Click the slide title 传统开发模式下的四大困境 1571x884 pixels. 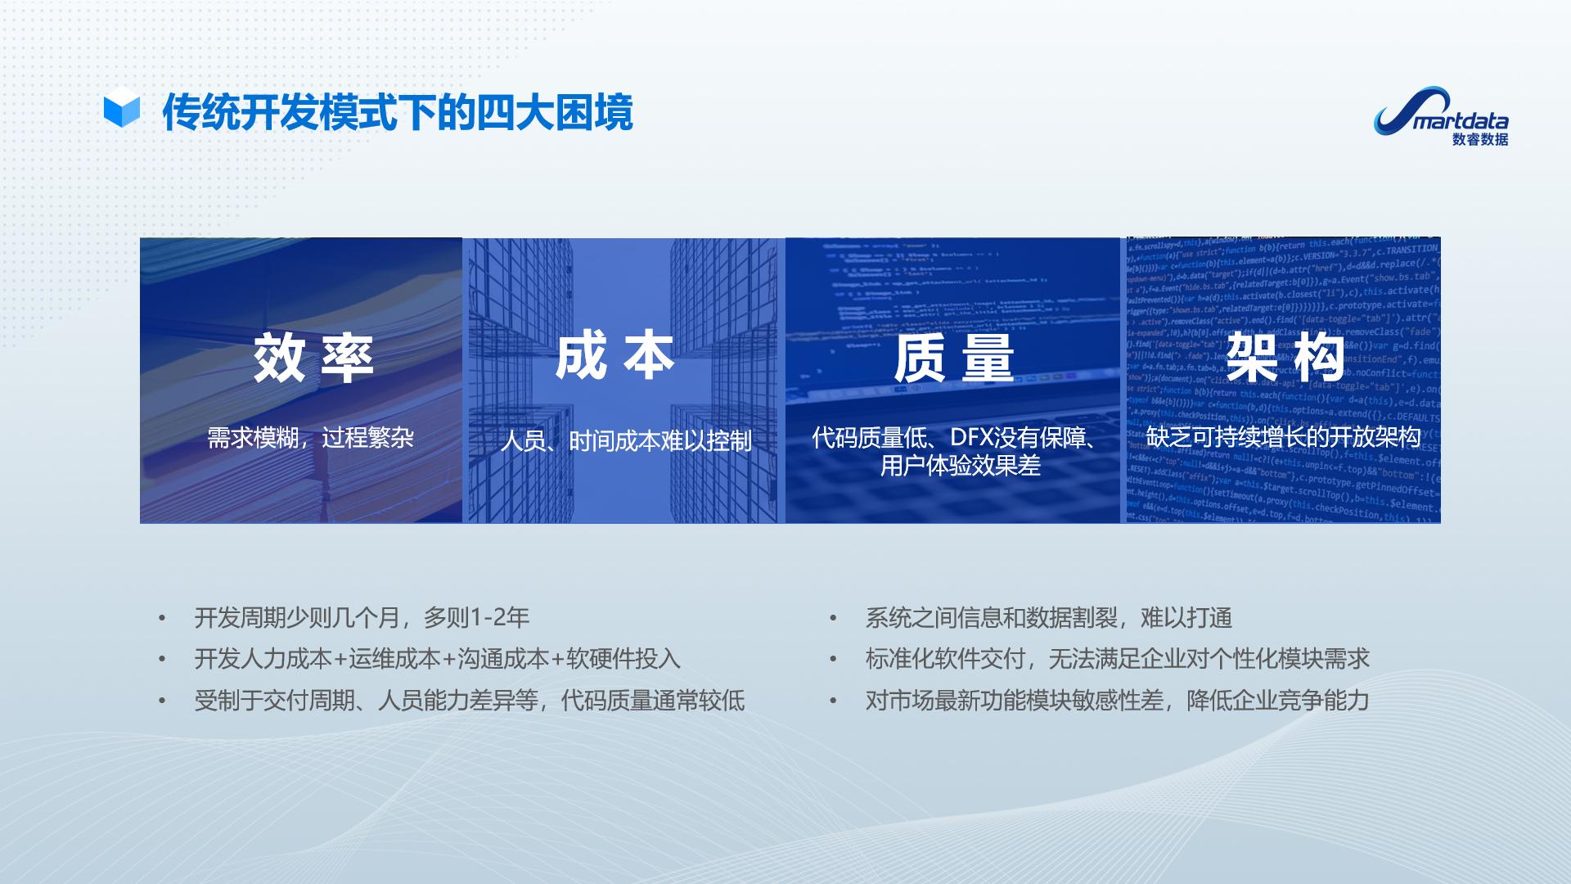click(x=398, y=113)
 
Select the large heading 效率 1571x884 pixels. click(x=313, y=359)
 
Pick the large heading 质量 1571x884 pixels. click(x=953, y=359)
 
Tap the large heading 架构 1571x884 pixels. click(x=1285, y=358)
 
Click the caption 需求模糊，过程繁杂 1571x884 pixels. click(x=310, y=438)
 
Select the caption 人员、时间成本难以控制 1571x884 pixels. click(x=625, y=441)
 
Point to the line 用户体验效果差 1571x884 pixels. click(x=960, y=466)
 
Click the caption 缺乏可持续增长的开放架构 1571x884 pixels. click(x=1282, y=437)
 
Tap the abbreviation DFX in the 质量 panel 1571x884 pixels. click(x=970, y=438)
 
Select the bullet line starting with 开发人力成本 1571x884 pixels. click(x=437, y=659)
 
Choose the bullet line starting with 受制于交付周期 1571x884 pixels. click(x=469, y=701)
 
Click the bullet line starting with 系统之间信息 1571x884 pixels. click(x=1048, y=617)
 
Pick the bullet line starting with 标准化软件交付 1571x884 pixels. click(x=1117, y=659)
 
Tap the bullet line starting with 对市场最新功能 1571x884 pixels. click(x=1117, y=701)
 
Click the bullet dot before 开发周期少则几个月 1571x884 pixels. click(x=162, y=618)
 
